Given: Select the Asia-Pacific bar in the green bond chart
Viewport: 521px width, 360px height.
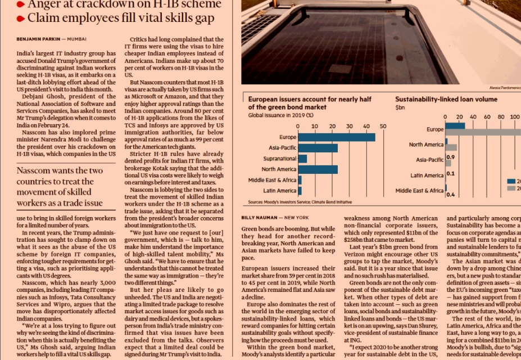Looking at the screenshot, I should tap(318, 148).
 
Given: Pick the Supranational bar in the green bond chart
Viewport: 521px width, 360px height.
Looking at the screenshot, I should tap(302, 159).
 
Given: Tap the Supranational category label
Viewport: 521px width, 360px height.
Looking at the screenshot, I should tap(279, 159).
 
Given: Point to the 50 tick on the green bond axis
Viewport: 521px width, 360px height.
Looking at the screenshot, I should tap(383, 126).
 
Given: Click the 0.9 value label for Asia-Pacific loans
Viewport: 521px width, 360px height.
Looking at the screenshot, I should tap(450, 157).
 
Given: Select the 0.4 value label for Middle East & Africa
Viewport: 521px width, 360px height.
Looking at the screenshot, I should tap(450, 195).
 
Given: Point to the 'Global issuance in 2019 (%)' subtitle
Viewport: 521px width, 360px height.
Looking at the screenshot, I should tap(281, 115).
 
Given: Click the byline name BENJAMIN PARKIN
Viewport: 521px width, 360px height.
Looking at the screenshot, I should tap(37, 39).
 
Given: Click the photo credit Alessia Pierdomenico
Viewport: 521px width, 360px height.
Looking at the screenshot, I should tap(505, 88).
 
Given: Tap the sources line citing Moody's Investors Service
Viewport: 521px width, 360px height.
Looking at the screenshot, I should tap(300, 201).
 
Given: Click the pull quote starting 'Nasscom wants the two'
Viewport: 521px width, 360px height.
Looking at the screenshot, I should tap(60, 186).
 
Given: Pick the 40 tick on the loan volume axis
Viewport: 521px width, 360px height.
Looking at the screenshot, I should tap(473, 117).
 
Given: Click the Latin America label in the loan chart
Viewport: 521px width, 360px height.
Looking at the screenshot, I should tap(427, 175).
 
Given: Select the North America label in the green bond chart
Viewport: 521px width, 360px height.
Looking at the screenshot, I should tap(279, 169).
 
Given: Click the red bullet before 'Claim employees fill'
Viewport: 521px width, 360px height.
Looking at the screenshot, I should tap(21, 19).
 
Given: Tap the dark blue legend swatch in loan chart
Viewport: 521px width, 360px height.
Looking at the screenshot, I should tap(511, 181).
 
